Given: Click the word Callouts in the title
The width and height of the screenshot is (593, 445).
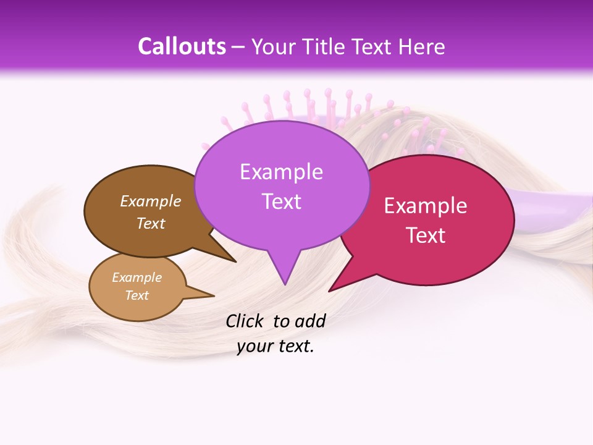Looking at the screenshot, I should (x=182, y=46).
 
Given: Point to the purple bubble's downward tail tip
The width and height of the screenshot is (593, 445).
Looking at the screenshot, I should (x=284, y=284).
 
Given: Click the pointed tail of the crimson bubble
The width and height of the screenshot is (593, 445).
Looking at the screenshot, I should (x=330, y=290).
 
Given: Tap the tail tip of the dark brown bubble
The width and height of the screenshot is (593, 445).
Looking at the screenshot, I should (x=235, y=261).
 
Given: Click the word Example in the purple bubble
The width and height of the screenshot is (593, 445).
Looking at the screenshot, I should (x=281, y=172).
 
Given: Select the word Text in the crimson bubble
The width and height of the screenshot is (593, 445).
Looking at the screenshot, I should (x=426, y=235).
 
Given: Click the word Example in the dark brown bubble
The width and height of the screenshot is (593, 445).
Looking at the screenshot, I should (x=151, y=201).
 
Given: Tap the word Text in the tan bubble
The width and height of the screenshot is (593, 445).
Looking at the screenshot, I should (x=137, y=295).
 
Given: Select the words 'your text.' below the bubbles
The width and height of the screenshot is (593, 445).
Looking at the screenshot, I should (x=275, y=346).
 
